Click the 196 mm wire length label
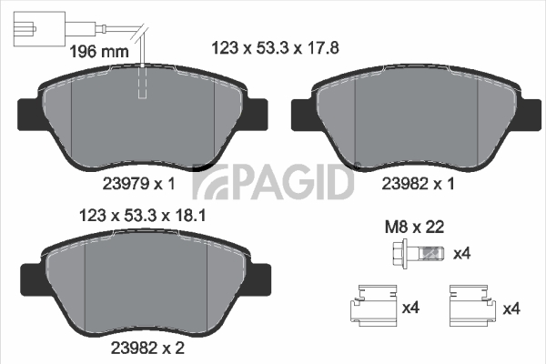(x=99, y=52)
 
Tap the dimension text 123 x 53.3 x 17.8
(x=276, y=47)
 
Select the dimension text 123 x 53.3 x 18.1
(x=143, y=216)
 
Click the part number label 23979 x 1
(x=139, y=183)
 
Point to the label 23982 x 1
(x=419, y=183)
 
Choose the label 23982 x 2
(x=147, y=348)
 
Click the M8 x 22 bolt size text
(x=414, y=227)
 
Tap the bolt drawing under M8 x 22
(x=418, y=254)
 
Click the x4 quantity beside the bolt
(x=461, y=254)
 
